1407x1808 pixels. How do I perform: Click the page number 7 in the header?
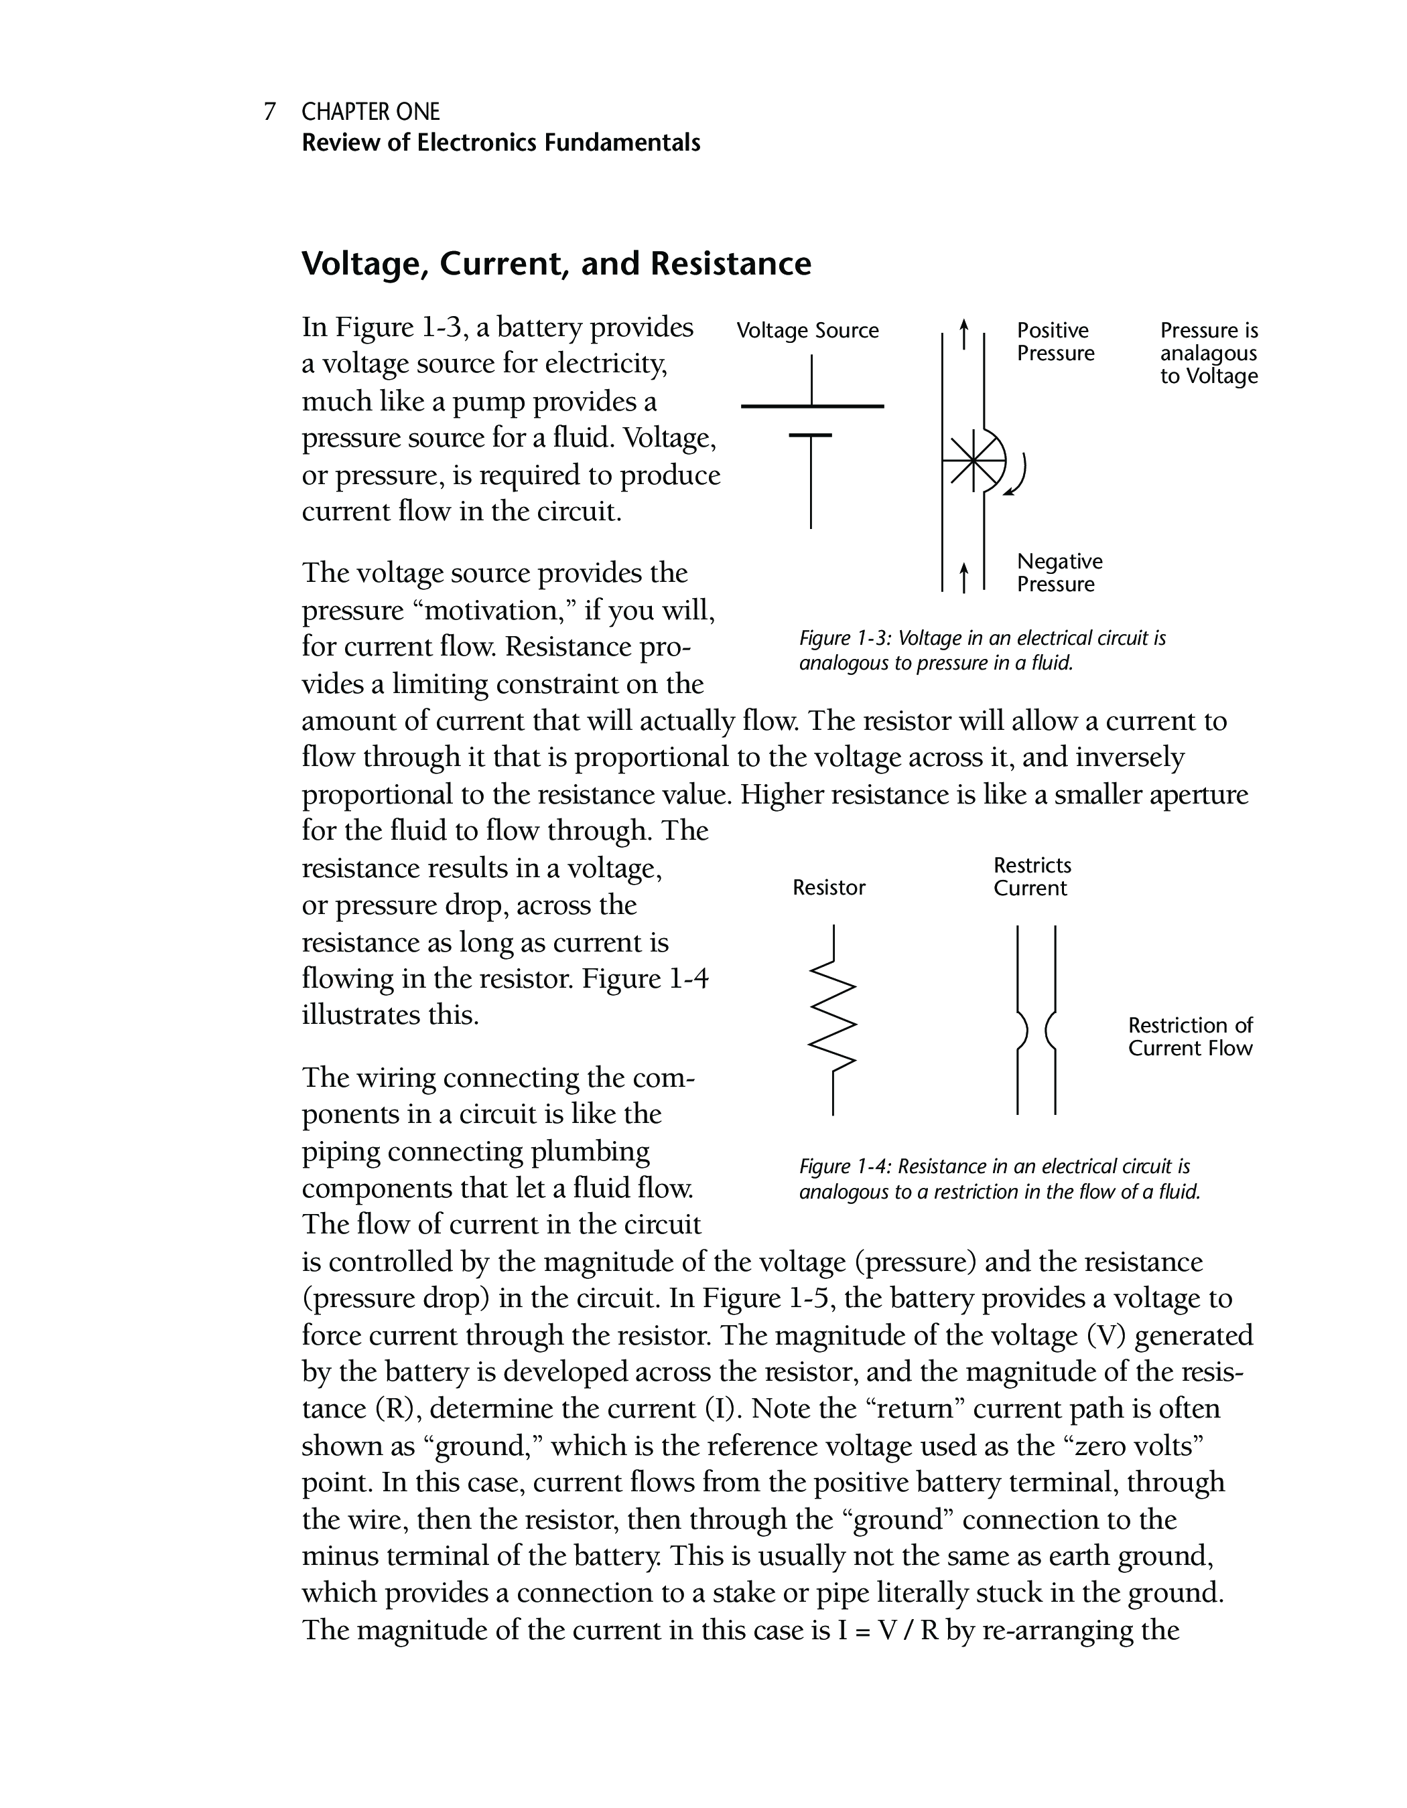(x=269, y=112)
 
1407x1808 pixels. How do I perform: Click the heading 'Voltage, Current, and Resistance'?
(x=555, y=264)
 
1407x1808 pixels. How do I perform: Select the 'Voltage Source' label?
(x=807, y=331)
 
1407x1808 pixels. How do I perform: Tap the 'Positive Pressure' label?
(x=1055, y=342)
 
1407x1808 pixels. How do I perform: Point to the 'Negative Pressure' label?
(x=1059, y=573)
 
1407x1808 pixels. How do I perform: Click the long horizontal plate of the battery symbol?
(x=813, y=406)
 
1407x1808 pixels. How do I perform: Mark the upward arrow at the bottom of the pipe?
(x=963, y=577)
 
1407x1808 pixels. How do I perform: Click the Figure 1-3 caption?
(x=982, y=651)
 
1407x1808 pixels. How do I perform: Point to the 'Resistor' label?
(x=829, y=889)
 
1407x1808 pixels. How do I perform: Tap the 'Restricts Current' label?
(x=1032, y=877)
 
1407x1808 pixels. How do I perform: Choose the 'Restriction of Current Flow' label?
(x=1190, y=1037)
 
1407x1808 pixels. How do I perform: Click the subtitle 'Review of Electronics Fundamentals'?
(x=500, y=143)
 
